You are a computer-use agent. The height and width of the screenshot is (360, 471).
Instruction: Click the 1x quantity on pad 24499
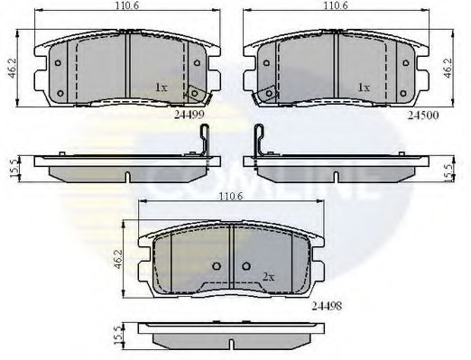click(161, 88)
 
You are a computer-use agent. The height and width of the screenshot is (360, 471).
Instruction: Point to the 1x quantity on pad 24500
click(364, 88)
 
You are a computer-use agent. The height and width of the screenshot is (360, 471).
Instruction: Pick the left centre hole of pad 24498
click(219, 266)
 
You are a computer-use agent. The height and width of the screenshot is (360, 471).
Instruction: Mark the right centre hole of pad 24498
click(247, 266)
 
